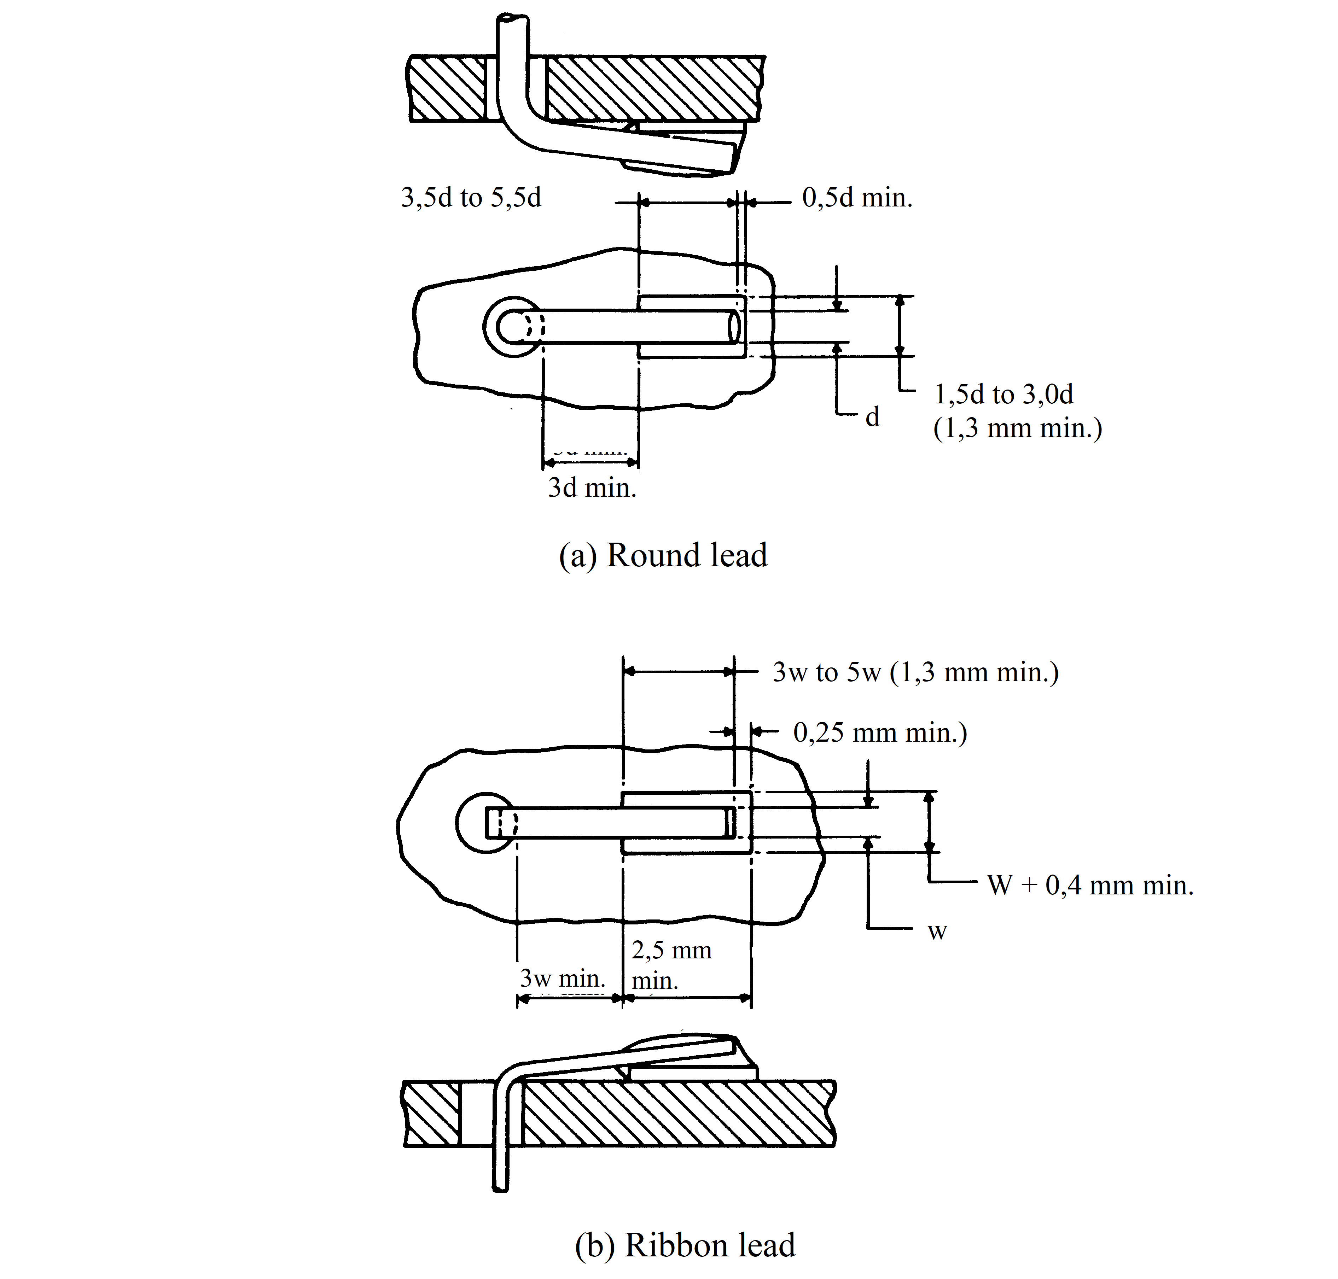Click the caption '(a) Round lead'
point(663,555)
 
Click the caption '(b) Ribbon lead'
point(685,1245)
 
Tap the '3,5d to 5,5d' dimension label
point(471,198)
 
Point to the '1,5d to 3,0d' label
point(1004,394)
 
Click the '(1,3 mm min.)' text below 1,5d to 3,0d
point(1018,428)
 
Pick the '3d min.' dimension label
point(592,487)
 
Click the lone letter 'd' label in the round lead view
point(872,416)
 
